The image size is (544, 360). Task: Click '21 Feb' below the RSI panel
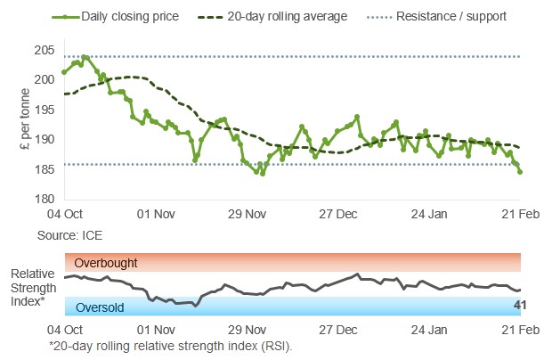click(x=519, y=330)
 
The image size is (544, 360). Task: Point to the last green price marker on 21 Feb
click(x=520, y=172)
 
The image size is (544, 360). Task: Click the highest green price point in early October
click(x=84, y=57)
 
